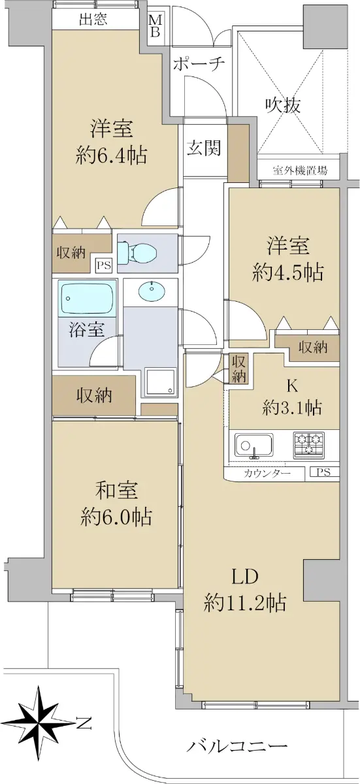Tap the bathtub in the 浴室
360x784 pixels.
point(88,299)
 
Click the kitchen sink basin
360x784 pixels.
point(254,446)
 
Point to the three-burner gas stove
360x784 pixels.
point(308,445)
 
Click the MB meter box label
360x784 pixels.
point(155,25)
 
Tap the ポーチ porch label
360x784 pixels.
point(199,65)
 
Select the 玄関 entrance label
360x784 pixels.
point(204,148)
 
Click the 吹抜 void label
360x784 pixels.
point(283,105)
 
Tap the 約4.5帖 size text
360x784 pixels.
point(287,272)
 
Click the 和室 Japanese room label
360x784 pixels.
point(116,491)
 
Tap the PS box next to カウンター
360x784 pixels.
point(323,472)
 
